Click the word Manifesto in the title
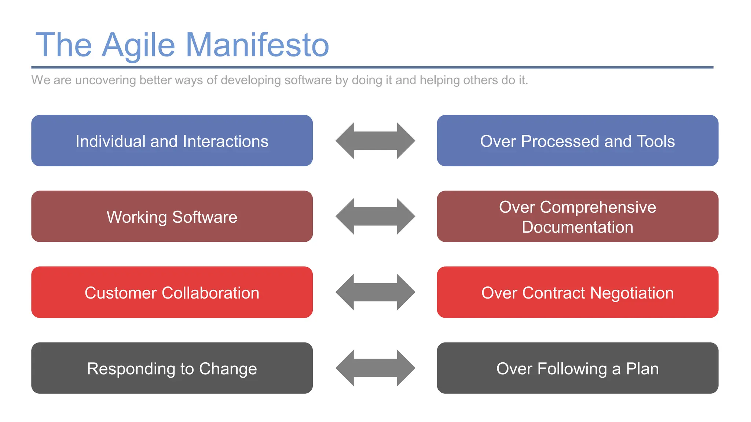pyautogui.click(x=257, y=45)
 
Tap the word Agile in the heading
pyautogui.click(x=138, y=45)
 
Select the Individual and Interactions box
pyautogui.click(x=172, y=141)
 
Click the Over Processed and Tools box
pyautogui.click(x=578, y=141)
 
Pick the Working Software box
pyautogui.click(x=172, y=216)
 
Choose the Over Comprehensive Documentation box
pyautogui.click(x=578, y=216)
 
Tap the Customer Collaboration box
pyautogui.click(x=172, y=292)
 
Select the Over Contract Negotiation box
pyautogui.click(x=578, y=292)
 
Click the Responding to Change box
pyautogui.click(x=172, y=368)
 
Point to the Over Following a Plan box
pyautogui.click(x=578, y=368)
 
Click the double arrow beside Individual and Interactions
pyautogui.click(x=375, y=141)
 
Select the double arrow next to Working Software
pyautogui.click(x=375, y=216)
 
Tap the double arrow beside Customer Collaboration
pyautogui.click(x=375, y=292)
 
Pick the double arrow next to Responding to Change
pyautogui.click(x=375, y=368)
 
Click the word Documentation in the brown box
pyautogui.click(x=578, y=227)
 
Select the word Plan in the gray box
pyautogui.click(x=642, y=369)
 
